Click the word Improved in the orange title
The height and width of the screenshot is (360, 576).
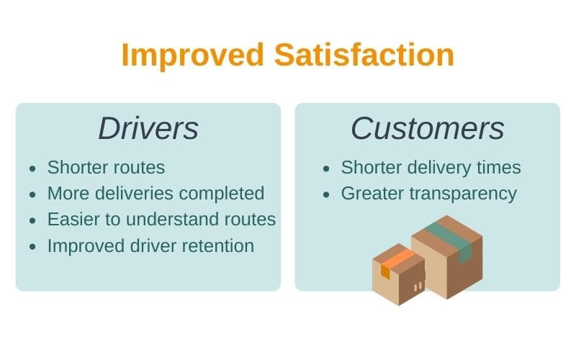pos(192,56)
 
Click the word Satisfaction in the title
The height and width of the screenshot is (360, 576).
pos(364,55)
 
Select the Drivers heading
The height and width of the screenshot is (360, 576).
pos(148,128)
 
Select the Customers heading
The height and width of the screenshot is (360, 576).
pos(428,128)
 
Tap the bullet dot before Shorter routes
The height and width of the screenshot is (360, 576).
pos(32,168)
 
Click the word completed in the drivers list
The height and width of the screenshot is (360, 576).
pos(222,194)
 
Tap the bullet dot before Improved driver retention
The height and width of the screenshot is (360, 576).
pos(32,246)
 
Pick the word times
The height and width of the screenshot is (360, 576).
pos(499,168)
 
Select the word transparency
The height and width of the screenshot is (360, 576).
pos(463,194)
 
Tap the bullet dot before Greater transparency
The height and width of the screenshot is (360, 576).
pos(327,194)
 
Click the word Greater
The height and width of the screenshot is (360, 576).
pos(372,194)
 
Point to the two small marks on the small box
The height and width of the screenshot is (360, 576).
pos(418,287)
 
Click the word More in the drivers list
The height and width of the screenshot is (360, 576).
pos(68,194)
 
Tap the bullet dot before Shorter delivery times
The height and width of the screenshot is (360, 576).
pos(327,168)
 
